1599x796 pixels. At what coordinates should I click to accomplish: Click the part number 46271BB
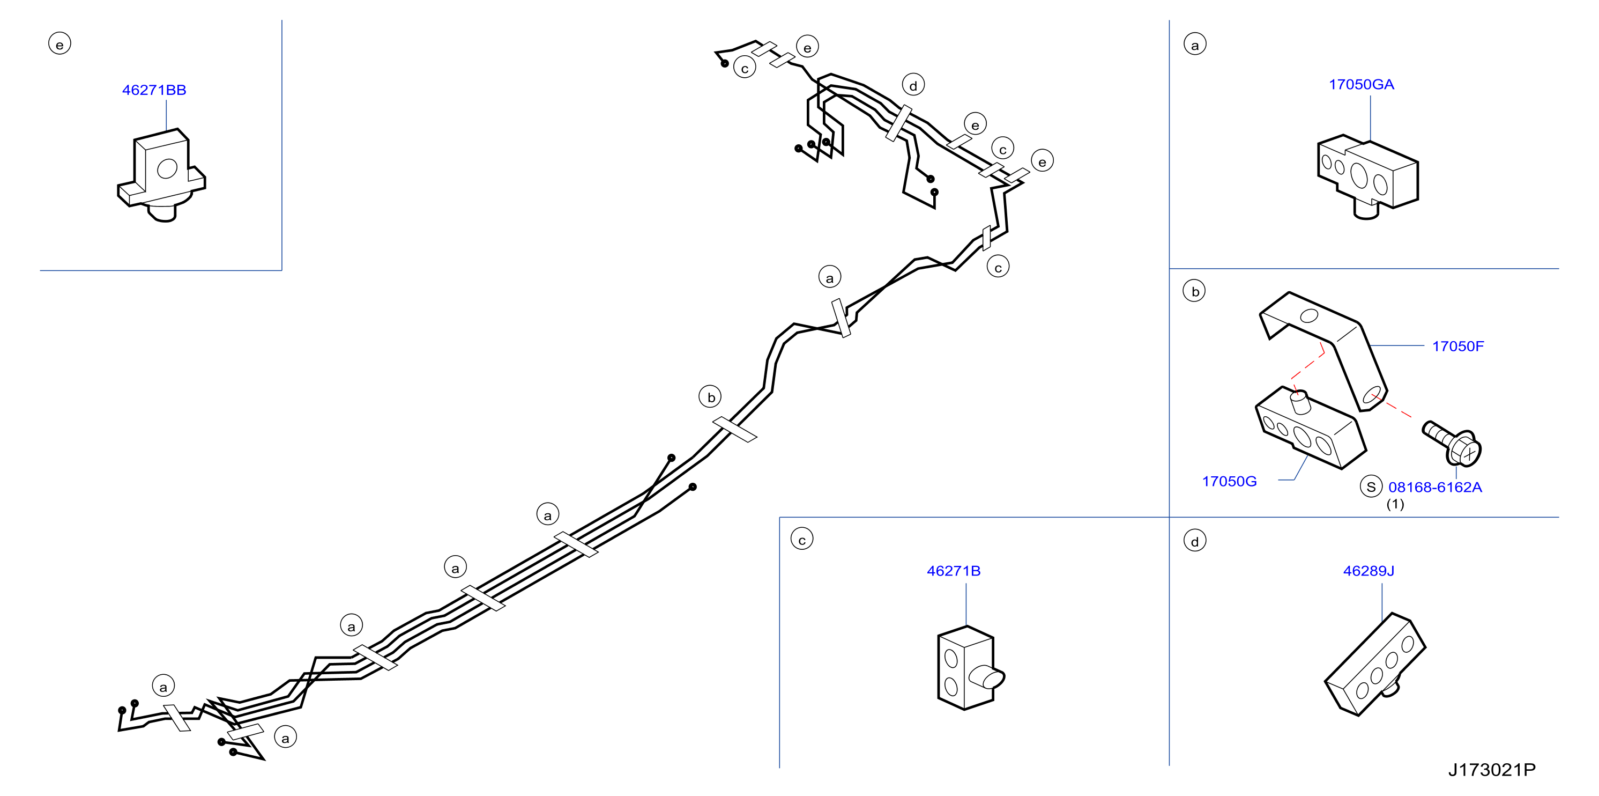[154, 90]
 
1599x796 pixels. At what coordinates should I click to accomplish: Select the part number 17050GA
[1361, 84]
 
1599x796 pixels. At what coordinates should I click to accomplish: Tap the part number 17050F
[1457, 347]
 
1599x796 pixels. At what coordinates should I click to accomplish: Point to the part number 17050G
[1229, 481]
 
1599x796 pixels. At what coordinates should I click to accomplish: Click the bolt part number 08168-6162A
[1435, 488]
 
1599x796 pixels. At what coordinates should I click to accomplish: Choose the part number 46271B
[954, 571]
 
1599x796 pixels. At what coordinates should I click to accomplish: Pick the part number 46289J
[1368, 571]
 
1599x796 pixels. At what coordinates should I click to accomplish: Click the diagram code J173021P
[1492, 770]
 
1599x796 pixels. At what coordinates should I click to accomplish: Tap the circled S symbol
[1371, 486]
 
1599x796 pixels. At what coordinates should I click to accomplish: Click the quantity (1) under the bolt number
[1395, 504]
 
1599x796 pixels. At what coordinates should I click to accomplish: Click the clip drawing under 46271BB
[161, 175]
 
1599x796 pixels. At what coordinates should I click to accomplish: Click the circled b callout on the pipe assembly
[711, 397]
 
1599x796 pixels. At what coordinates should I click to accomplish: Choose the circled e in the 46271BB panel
[60, 43]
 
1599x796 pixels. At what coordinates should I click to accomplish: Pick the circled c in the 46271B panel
[802, 539]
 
